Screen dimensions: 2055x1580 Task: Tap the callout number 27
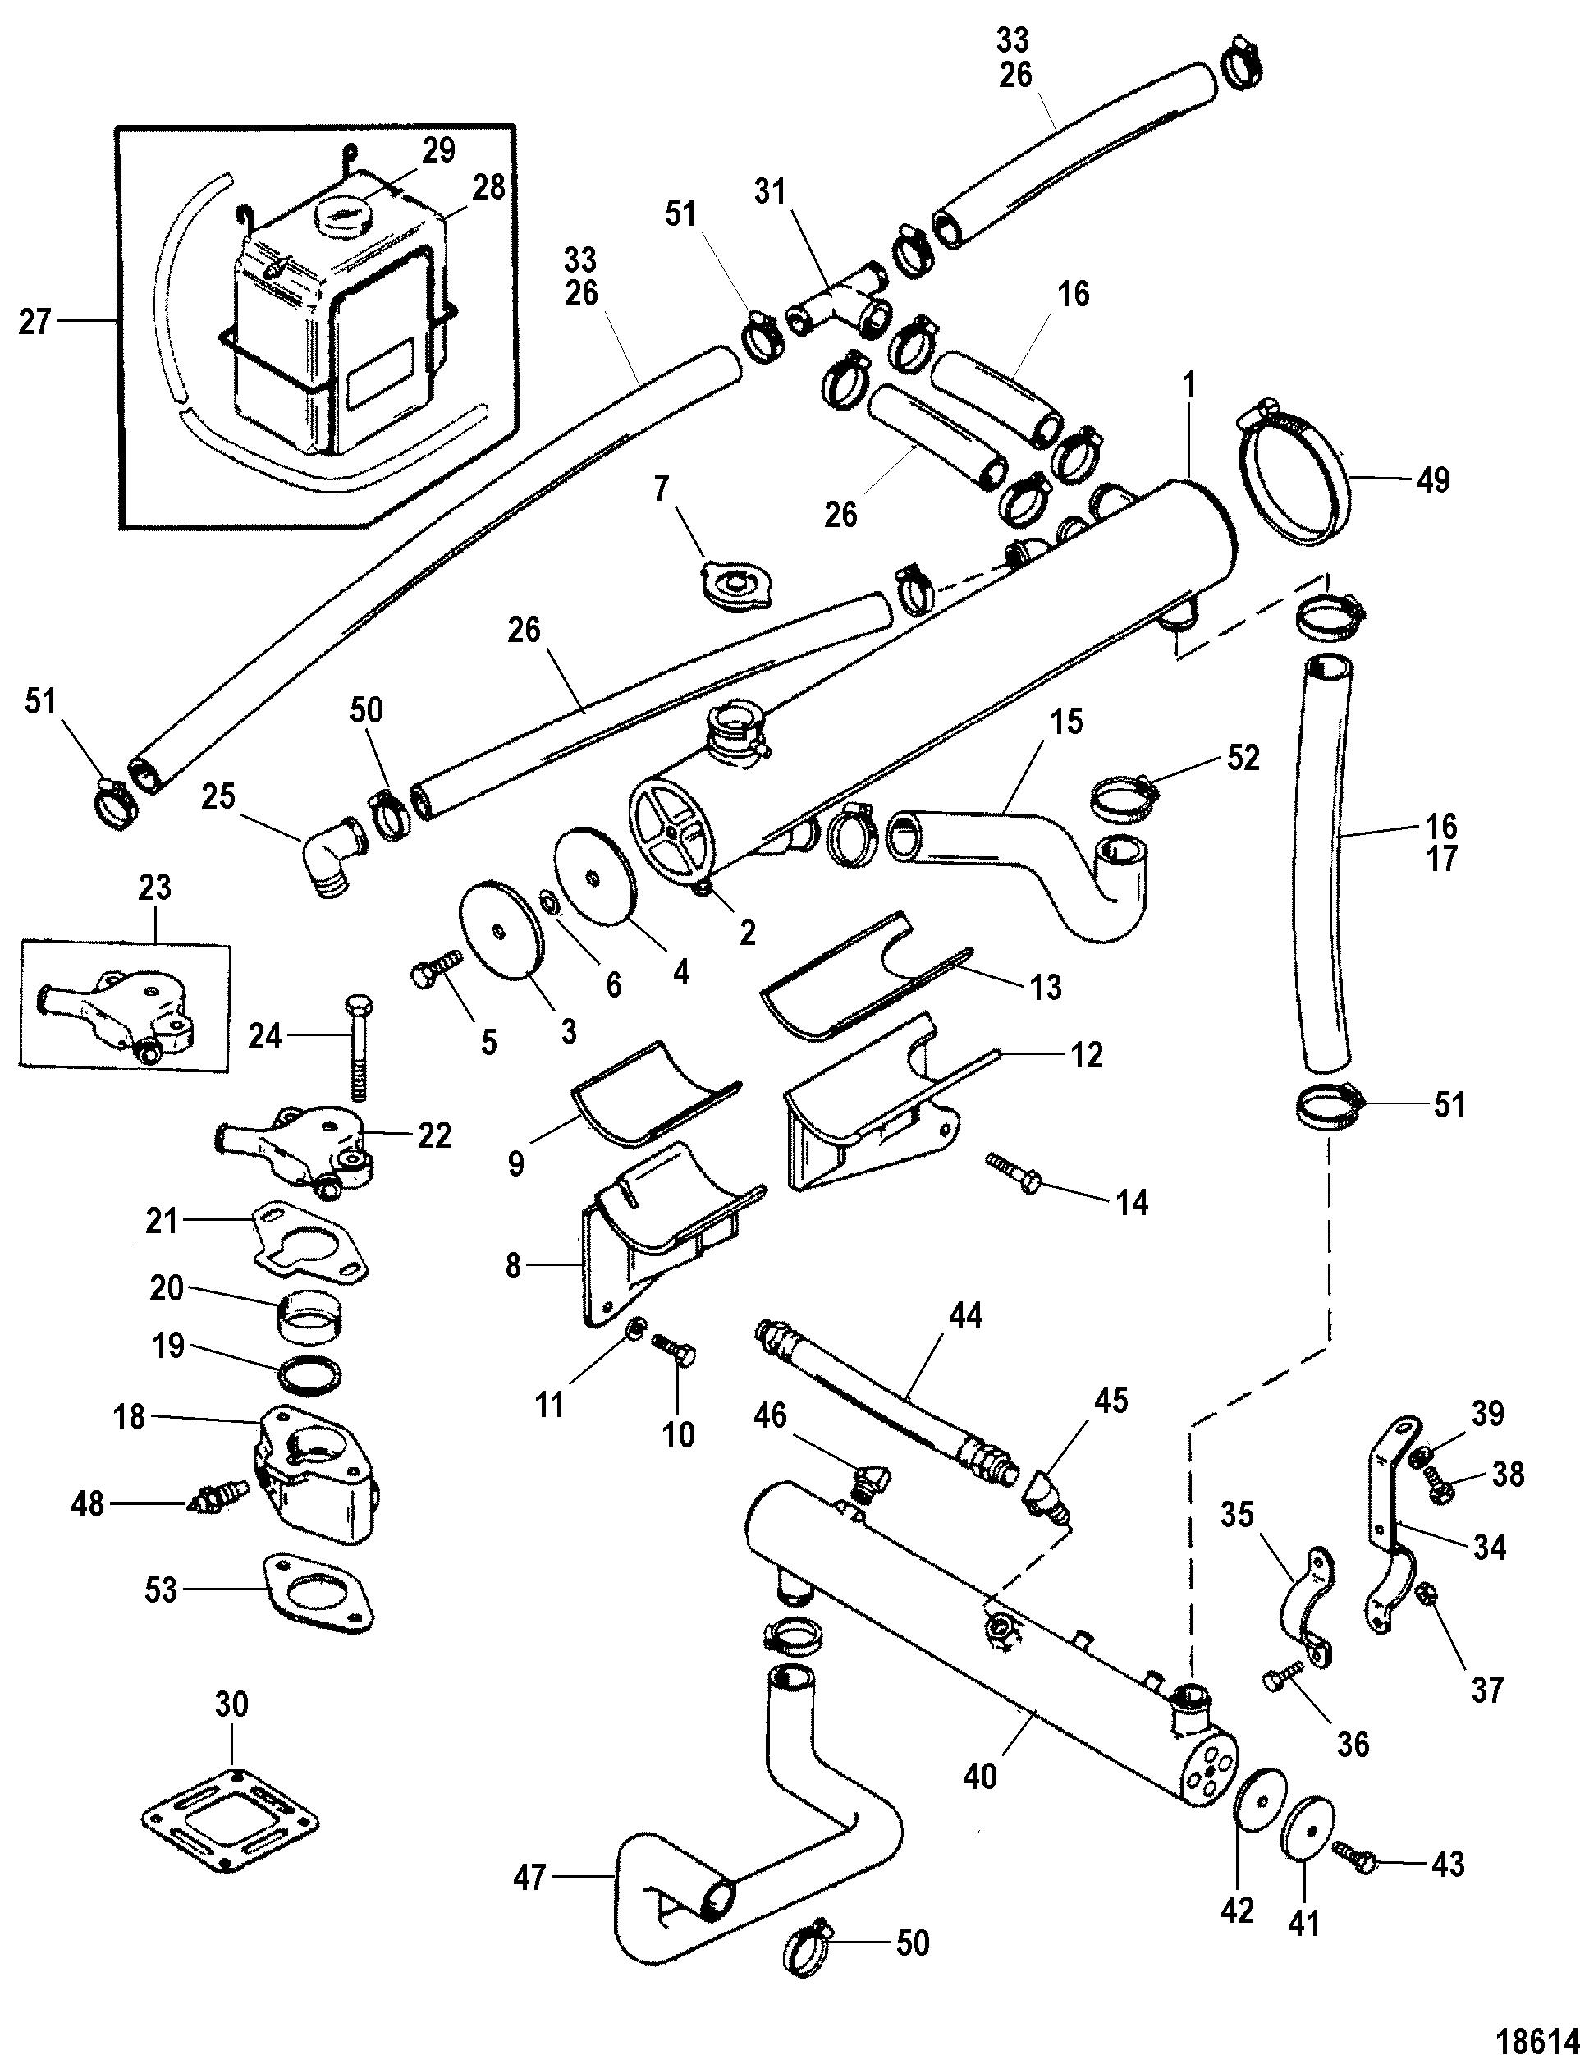(34, 323)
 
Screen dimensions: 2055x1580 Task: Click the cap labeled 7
(730, 589)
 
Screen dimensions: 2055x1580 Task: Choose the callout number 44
(966, 1314)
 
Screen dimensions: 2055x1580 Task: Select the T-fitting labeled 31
(836, 301)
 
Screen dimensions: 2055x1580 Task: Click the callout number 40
(980, 1776)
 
